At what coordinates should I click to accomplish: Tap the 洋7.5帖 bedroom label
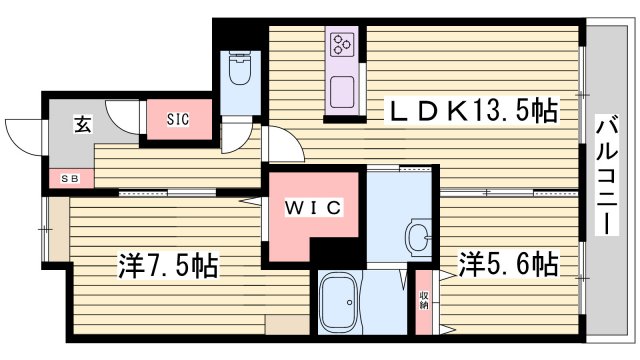click(168, 266)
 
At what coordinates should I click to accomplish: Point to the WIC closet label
click(314, 207)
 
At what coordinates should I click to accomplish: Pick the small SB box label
click(70, 179)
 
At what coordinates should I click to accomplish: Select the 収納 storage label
click(424, 299)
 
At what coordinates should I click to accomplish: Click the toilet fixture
click(240, 72)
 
